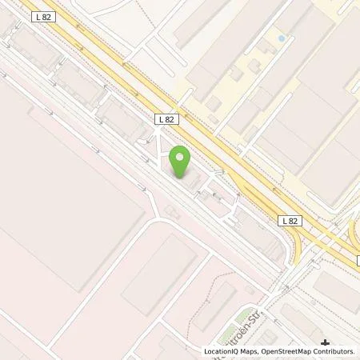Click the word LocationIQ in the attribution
coord(222,350)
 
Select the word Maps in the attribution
coord(253,350)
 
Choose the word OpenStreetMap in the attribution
coord(291,350)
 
